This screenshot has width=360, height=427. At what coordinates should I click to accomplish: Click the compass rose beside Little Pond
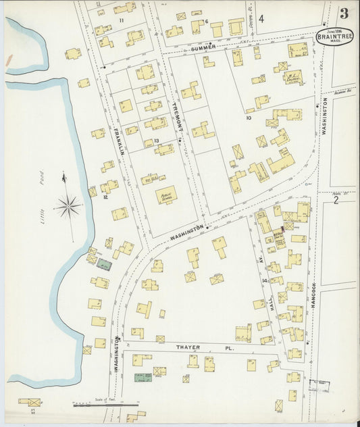tap(68, 205)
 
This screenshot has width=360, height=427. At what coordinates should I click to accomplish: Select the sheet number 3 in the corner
tap(344, 13)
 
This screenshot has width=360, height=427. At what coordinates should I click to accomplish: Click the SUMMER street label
tap(203, 47)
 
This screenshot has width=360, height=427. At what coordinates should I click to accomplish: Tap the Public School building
tap(165, 195)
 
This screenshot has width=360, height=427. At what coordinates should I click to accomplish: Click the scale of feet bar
tap(101, 405)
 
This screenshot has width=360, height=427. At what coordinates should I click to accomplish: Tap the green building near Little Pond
tap(104, 265)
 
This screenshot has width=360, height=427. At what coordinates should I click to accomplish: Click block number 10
tap(249, 118)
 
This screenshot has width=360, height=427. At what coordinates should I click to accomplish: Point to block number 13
tap(156, 141)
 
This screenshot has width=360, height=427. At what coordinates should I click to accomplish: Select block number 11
tap(122, 20)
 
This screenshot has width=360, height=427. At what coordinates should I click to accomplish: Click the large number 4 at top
tap(260, 18)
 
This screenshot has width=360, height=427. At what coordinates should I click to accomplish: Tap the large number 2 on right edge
tap(336, 200)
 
